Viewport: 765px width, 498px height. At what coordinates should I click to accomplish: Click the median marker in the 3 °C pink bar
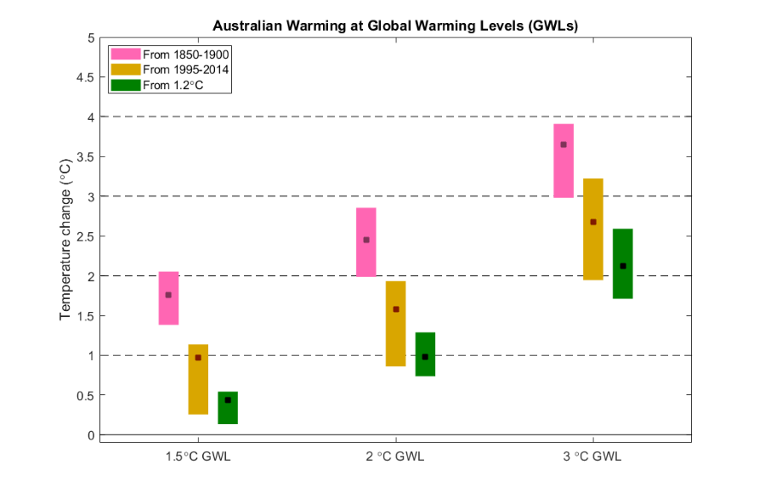564,144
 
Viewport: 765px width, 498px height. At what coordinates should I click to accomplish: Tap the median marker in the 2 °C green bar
425,357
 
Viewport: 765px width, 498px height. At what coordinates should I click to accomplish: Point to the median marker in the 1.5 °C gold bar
198,358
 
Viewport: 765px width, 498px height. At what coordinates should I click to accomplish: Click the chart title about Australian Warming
395,25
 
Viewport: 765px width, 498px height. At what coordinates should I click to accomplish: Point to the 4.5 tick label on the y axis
85,76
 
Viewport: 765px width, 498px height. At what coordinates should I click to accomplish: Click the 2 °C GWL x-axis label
395,456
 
